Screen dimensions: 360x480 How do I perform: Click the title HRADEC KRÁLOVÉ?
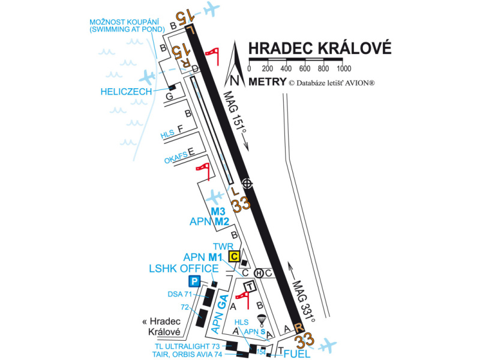pos(320,48)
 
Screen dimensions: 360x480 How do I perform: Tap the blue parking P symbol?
pos(194,281)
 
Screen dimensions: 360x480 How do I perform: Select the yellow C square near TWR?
pos(235,257)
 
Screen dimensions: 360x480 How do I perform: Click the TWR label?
pos(223,246)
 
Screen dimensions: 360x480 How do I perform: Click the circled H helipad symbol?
pos(259,273)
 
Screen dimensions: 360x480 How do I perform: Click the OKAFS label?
pos(176,160)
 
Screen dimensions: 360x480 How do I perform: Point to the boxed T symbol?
pos(249,287)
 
